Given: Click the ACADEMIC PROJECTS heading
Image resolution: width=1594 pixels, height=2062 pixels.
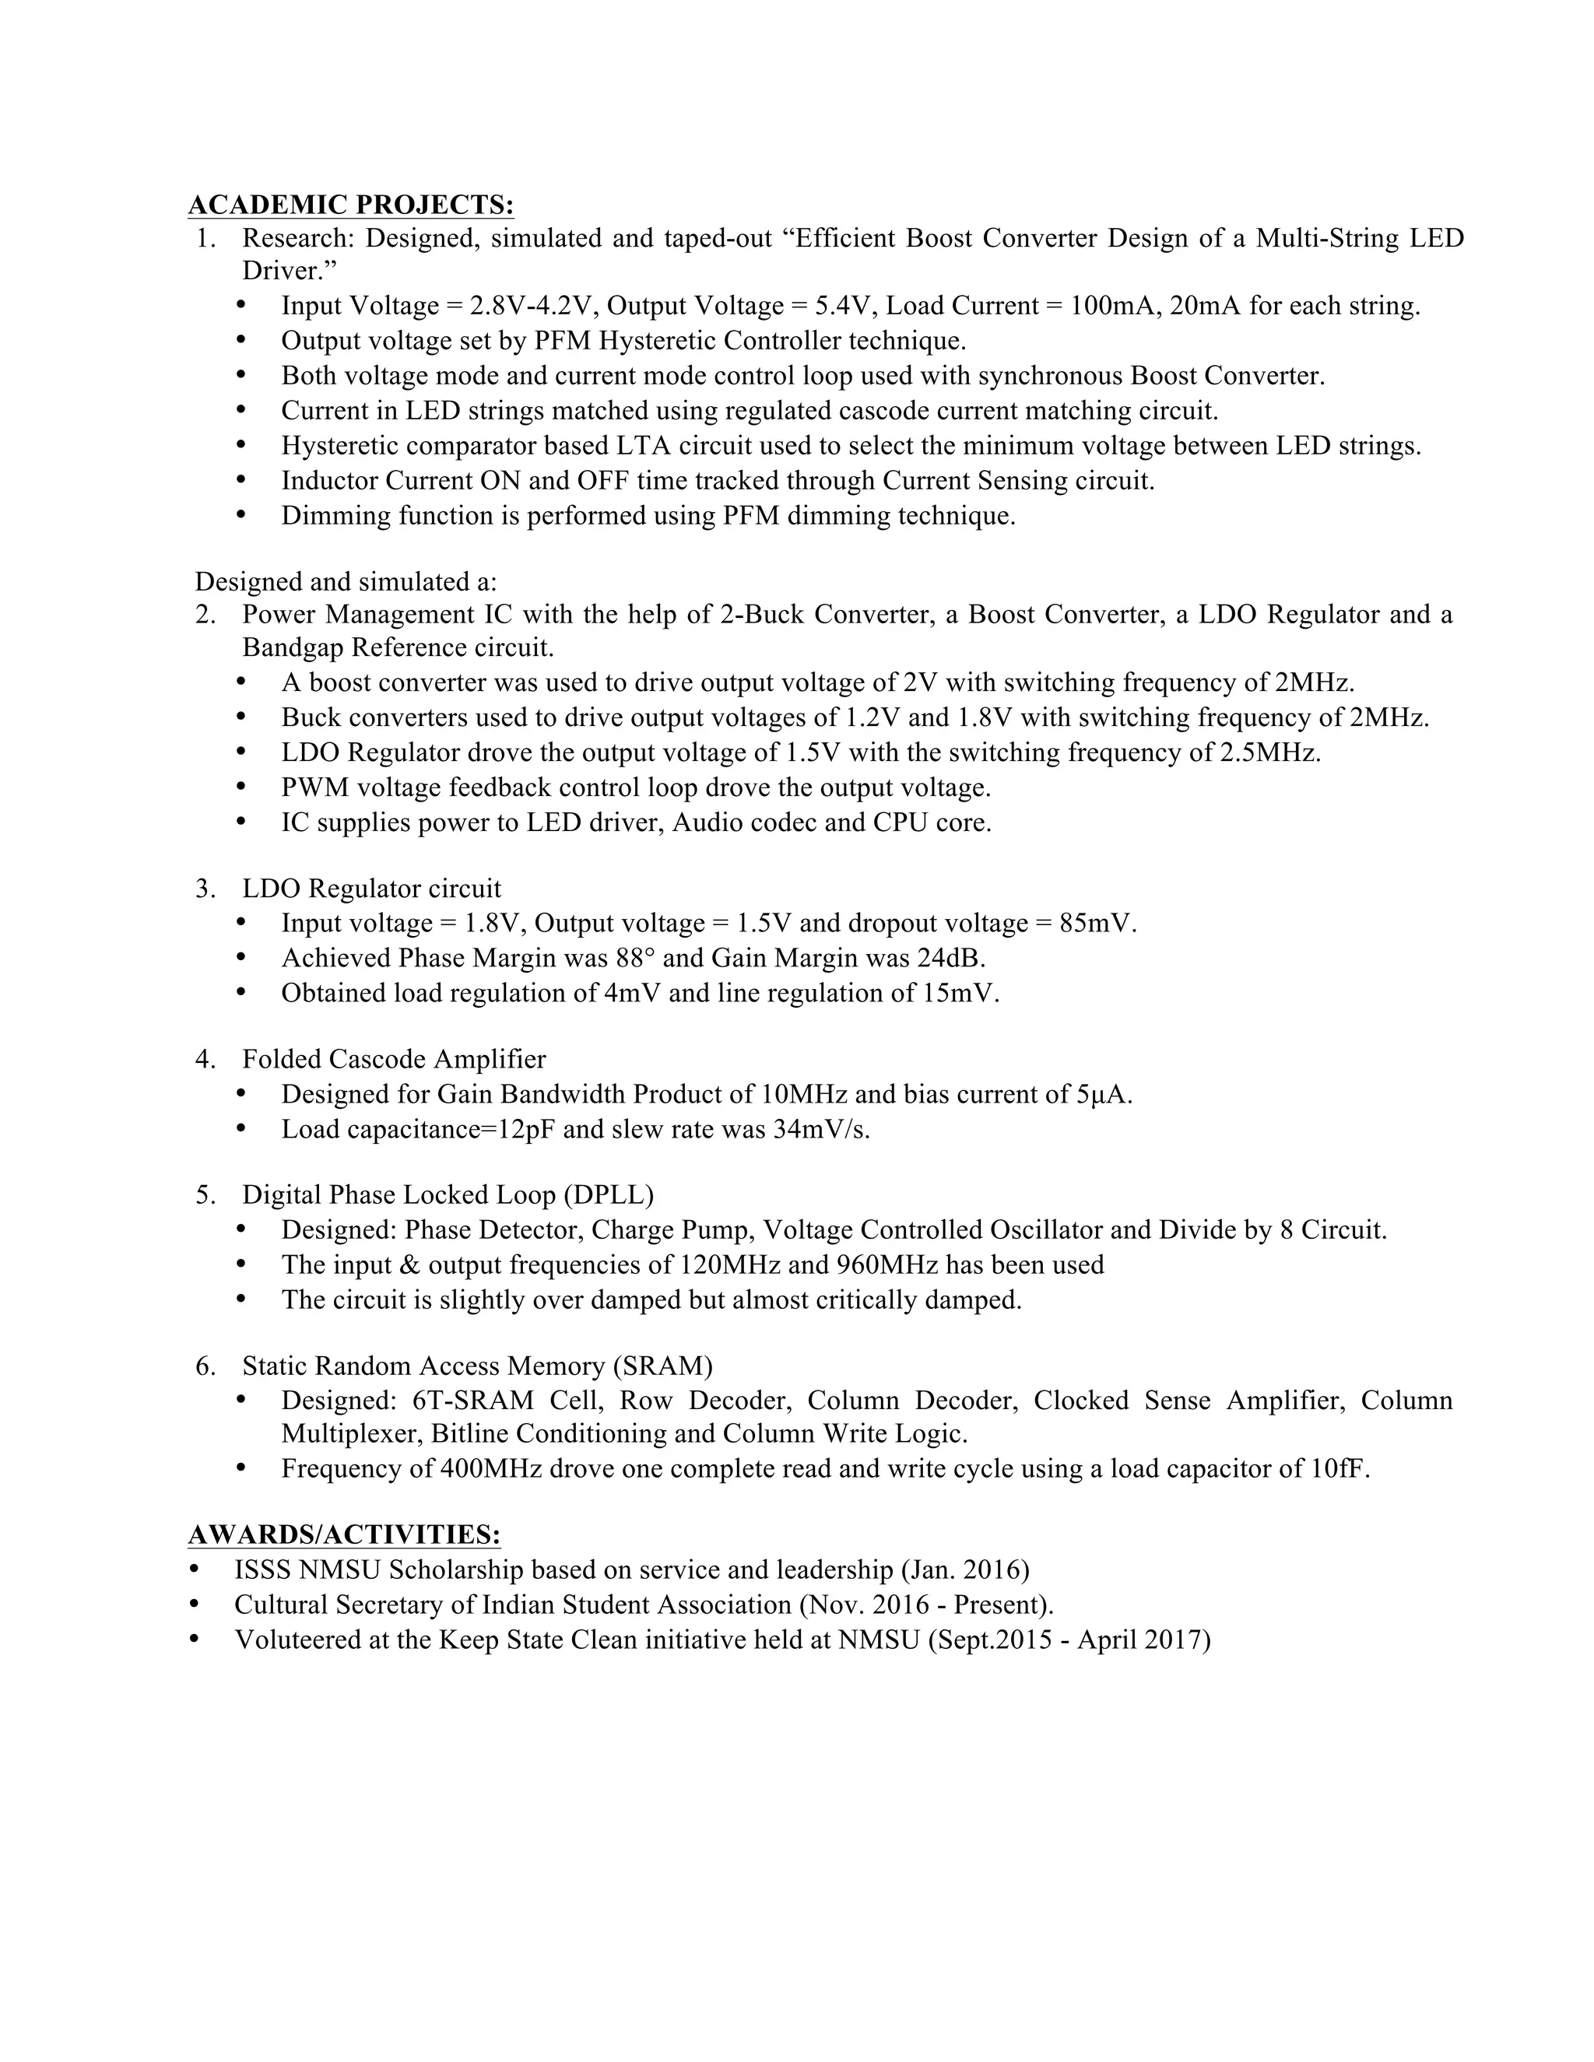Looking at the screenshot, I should tap(350, 205).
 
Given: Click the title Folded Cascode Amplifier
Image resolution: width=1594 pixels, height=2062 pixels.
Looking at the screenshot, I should tap(394, 1059).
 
